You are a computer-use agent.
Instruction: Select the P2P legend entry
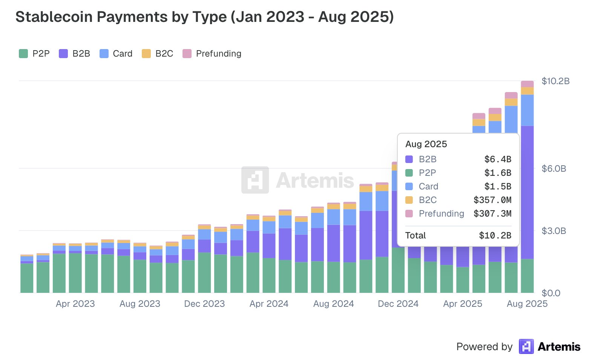(34, 54)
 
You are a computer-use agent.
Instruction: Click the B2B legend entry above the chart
(75, 54)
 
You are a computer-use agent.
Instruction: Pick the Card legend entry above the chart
(116, 54)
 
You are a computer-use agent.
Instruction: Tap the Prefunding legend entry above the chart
(212, 54)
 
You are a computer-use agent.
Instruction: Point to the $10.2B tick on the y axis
(555, 81)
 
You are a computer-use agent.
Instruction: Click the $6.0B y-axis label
(554, 169)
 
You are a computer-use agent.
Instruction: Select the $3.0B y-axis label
(554, 231)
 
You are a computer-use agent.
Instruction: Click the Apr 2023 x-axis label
(75, 304)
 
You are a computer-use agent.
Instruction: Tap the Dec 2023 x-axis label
(204, 304)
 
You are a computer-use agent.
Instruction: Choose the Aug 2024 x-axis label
(333, 304)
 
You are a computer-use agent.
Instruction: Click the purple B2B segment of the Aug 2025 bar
(527, 192)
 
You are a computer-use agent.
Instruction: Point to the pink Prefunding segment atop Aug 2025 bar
(527, 84)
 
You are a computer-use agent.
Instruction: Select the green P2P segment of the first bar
(27, 278)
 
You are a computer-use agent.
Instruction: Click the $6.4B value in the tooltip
(498, 159)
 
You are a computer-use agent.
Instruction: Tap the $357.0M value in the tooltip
(492, 200)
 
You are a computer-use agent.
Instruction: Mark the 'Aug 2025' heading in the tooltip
(426, 144)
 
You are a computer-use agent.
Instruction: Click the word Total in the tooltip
(416, 235)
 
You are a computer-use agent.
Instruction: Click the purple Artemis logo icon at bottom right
(526, 346)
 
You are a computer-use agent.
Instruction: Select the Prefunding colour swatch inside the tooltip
(409, 214)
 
